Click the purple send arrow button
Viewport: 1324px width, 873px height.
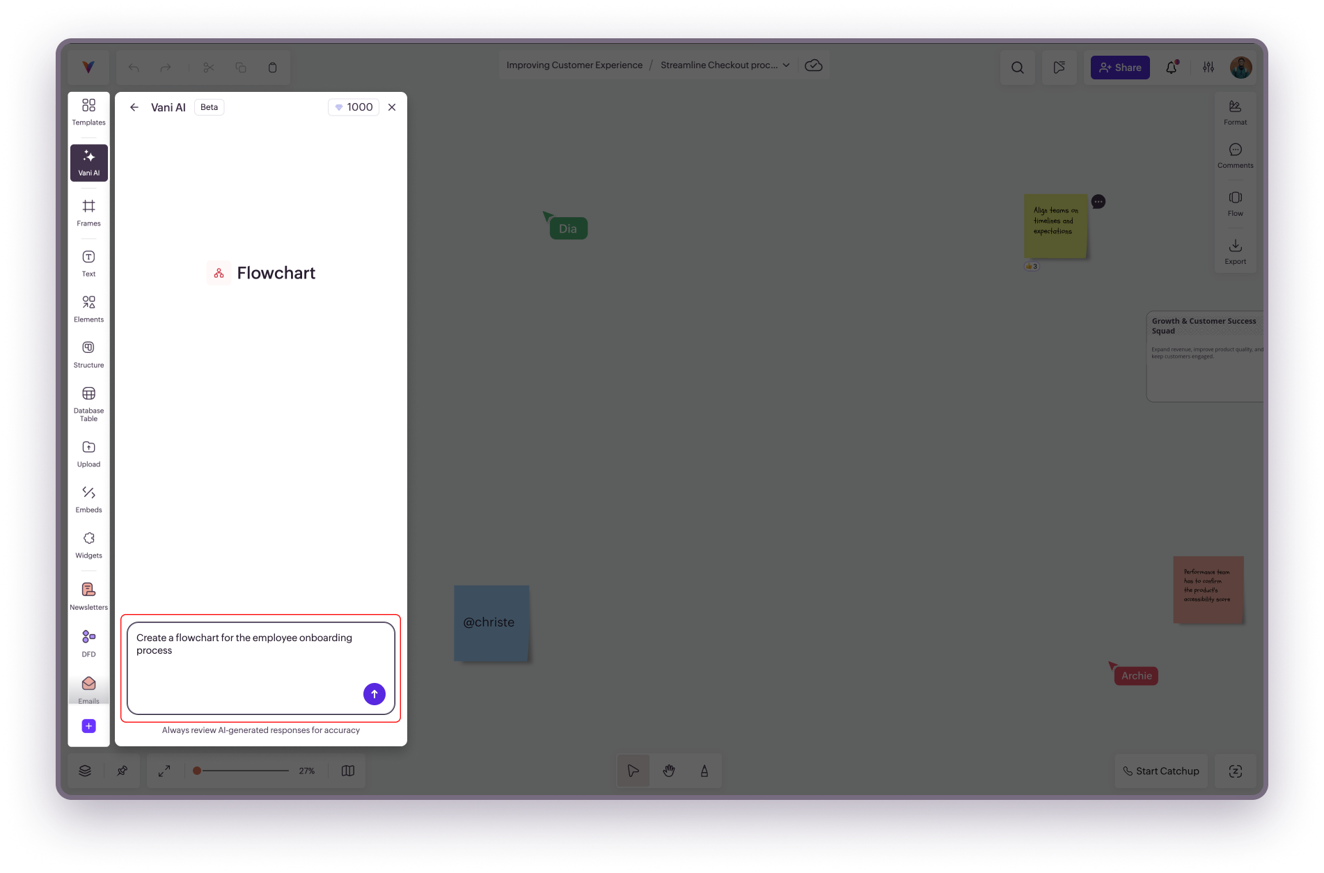(x=374, y=693)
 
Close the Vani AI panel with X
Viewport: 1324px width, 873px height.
(x=392, y=107)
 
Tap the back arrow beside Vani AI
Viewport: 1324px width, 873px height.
(x=134, y=107)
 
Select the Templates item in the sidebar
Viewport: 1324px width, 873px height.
(x=88, y=111)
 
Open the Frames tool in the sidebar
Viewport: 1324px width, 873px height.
(x=88, y=212)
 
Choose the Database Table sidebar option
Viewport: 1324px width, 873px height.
(x=88, y=404)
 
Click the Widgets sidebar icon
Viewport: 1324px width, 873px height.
(x=88, y=545)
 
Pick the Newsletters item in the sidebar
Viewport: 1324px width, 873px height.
(x=88, y=596)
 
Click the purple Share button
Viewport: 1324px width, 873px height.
(x=1119, y=68)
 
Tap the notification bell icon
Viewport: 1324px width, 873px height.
(x=1172, y=68)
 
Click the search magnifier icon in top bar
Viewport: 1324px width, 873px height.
(x=1017, y=68)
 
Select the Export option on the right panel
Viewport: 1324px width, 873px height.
(x=1235, y=251)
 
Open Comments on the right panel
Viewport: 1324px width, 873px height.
(x=1235, y=155)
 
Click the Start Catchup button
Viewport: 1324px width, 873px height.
(x=1160, y=771)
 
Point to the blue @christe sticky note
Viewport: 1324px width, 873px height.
(x=491, y=622)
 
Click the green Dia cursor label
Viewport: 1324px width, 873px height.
(x=568, y=228)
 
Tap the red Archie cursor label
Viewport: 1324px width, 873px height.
(x=1136, y=675)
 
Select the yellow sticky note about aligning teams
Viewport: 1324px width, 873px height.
(x=1055, y=226)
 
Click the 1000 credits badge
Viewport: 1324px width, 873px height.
(x=354, y=107)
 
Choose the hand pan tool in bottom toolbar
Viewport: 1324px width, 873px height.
(x=669, y=771)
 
